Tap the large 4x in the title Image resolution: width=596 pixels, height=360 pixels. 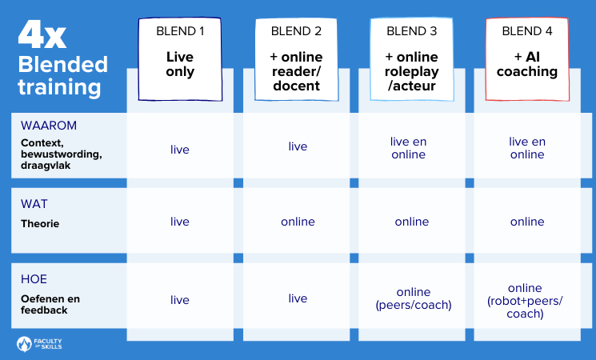point(45,36)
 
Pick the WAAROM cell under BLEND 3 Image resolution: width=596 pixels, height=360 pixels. point(409,147)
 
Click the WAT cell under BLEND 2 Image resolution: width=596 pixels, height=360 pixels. point(298,222)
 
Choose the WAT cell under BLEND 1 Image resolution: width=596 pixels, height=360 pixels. point(180,222)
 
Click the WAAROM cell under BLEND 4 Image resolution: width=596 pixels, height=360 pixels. point(526,147)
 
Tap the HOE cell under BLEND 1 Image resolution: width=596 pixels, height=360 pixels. point(180,299)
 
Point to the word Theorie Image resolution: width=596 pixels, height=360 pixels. point(40,224)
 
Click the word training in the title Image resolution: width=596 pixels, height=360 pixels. point(60,86)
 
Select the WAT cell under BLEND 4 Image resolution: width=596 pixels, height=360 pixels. point(526,222)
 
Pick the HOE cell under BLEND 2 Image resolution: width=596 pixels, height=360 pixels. point(298,298)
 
